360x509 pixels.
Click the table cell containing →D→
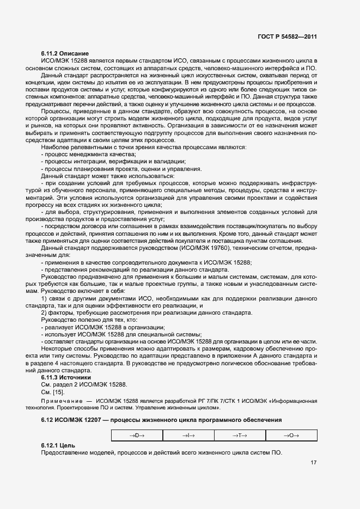136,435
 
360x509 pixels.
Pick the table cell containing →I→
188,435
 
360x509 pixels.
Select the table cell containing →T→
240,435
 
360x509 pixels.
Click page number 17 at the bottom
314,463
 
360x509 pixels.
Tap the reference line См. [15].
52,392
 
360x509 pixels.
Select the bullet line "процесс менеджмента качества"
87,155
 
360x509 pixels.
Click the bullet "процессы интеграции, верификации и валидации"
113,162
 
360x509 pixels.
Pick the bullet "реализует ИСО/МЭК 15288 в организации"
102,327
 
